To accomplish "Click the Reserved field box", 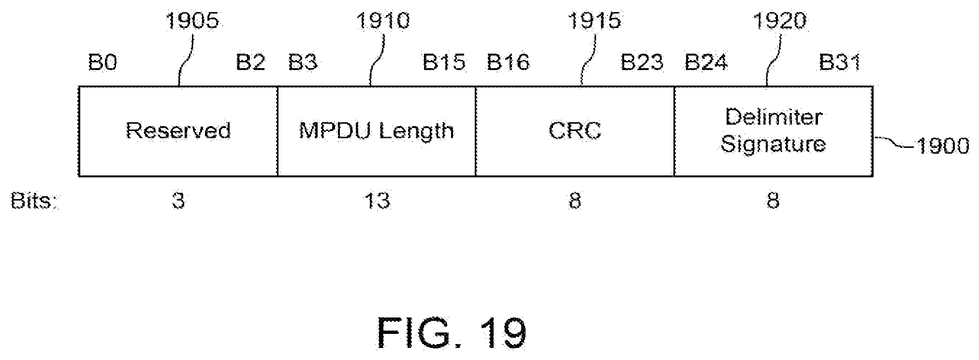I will pyautogui.click(x=178, y=131).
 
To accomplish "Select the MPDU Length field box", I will pyautogui.click(x=376, y=131).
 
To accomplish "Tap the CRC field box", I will pyautogui.click(x=575, y=131).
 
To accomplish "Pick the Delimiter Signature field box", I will pyautogui.click(x=773, y=131).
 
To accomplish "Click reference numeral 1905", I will pyautogui.click(x=192, y=21).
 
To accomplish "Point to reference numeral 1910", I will pyautogui.click(x=383, y=21).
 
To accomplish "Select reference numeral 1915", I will pyautogui.click(x=595, y=21).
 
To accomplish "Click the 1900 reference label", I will pyautogui.click(x=942, y=145).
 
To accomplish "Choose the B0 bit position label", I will pyautogui.click(x=102, y=63).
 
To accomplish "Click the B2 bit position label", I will pyautogui.click(x=250, y=63).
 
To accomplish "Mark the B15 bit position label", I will pyautogui.click(x=444, y=63).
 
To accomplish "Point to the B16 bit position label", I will pyautogui.click(x=508, y=63).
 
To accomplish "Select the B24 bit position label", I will pyautogui.click(x=706, y=63).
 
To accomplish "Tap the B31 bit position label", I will pyautogui.click(x=840, y=63).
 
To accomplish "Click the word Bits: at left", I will pyautogui.click(x=34, y=201).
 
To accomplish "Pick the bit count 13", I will pyautogui.click(x=377, y=201).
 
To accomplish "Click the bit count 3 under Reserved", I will pyautogui.click(x=178, y=201).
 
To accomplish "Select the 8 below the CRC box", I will pyautogui.click(x=574, y=201).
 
